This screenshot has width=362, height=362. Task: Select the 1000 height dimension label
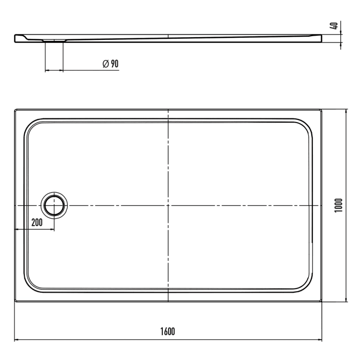(339, 206)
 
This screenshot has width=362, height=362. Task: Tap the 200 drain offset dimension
(37, 223)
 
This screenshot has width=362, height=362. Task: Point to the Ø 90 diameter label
(111, 64)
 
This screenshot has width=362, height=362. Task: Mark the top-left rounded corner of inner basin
(32, 127)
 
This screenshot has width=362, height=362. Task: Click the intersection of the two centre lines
(169, 206)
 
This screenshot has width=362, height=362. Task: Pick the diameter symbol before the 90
(105, 64)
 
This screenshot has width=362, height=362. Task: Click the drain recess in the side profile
(54, 39)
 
